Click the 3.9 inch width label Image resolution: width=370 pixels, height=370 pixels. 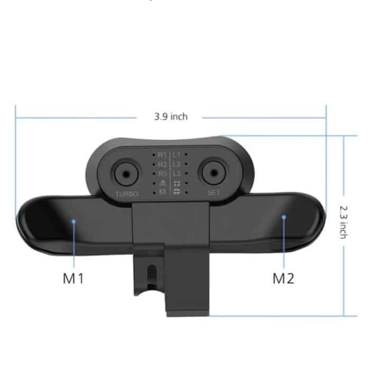click(x=171, y=116)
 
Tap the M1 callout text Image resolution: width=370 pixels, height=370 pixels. click(x=73, y=279)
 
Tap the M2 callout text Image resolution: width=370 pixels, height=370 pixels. click(x=283, y=279)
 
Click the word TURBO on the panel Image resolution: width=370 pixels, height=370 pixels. click(x=126, y=193)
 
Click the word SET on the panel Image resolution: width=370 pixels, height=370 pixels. click(x=214, y=193)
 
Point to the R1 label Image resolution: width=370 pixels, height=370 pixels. click(x=162, y=155)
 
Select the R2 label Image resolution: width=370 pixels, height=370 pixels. click(x=162, y=164)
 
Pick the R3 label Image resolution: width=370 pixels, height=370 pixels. click(x=162, y=173)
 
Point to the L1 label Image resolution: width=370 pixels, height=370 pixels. click(x=177, y=155)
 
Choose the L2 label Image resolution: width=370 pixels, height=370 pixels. click(x=177, y=164)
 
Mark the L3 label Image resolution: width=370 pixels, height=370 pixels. click(x=177, y=173)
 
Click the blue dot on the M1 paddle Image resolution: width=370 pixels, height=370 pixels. click(x=73, y=221)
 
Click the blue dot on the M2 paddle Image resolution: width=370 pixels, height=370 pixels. click(x=284, y=216)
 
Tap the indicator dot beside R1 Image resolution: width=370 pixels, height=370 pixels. click(x=154, y=155)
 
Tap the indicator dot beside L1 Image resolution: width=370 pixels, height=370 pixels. click(x=186, y=155)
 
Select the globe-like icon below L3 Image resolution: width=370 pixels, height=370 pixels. click(x=177, y=191)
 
